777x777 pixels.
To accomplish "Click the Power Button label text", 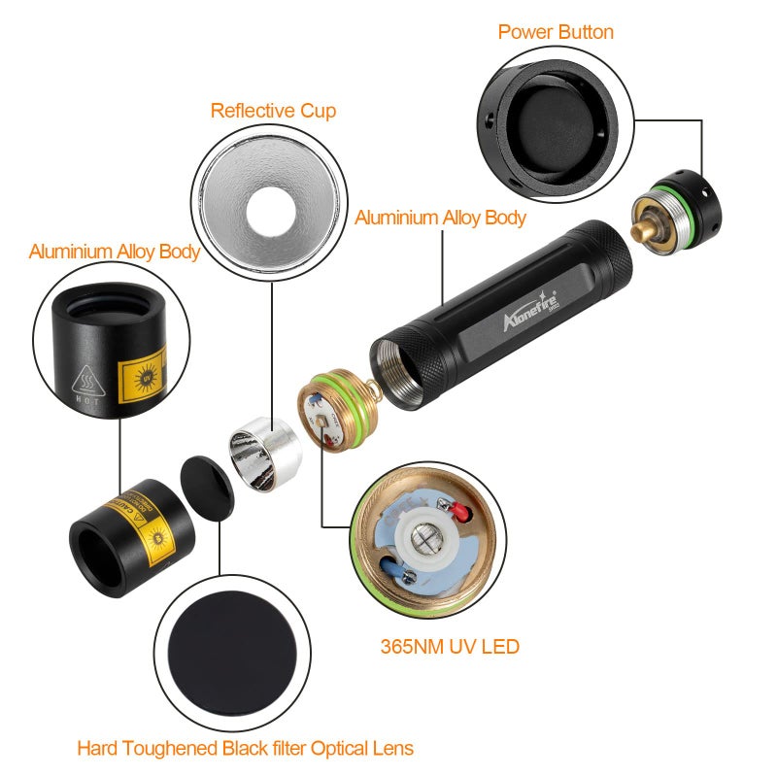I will [x=556, y=32].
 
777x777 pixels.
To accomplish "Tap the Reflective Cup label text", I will [x=273, y=111].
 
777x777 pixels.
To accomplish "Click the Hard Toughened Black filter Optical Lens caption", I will [x=245, y=748].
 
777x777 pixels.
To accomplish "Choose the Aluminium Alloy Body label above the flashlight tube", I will [x=440, y=217].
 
